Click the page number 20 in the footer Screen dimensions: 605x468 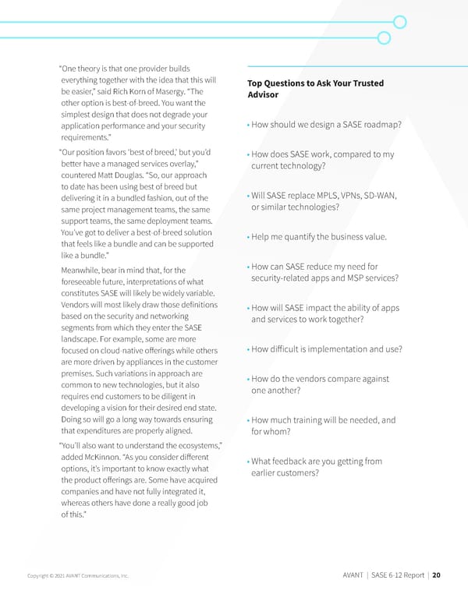(x=435, y=575)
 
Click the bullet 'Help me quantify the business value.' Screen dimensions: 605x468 (x=319, y=237)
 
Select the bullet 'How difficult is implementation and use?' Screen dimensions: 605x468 (x=326, y=348)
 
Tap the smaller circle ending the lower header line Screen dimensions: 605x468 (x=384, y=37)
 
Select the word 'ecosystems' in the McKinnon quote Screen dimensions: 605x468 (x=192, y=444)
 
